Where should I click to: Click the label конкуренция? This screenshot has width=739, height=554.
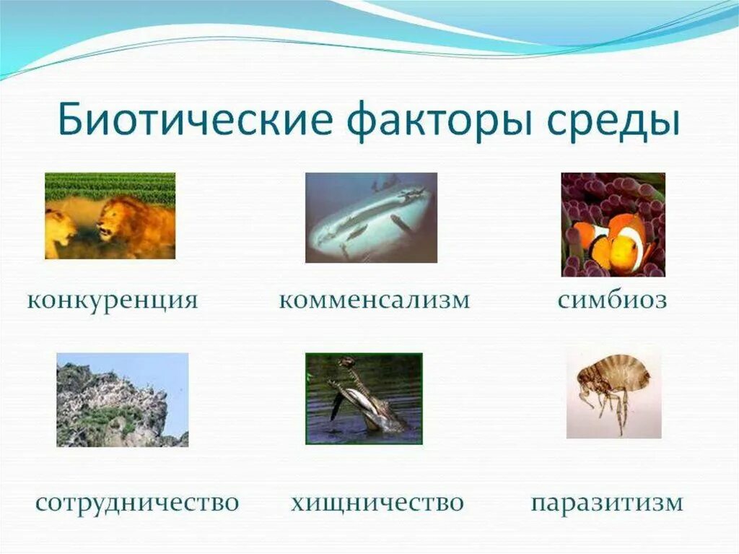tap(113, 300)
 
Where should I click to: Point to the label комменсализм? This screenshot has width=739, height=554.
tap(374, 300)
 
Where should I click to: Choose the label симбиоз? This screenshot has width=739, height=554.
tap(612, 300)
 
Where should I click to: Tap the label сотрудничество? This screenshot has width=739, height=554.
tap(137, 502)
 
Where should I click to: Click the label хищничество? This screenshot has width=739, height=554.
tap(377, 502)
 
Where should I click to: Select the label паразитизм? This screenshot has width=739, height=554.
tap(607, 502)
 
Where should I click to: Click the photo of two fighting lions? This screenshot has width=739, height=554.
tap(110, 216)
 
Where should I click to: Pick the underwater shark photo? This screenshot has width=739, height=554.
tap(371, 217)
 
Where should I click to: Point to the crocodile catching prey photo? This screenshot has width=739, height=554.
tap(364, 398)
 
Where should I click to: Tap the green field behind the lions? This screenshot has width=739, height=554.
tap(110, 186)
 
